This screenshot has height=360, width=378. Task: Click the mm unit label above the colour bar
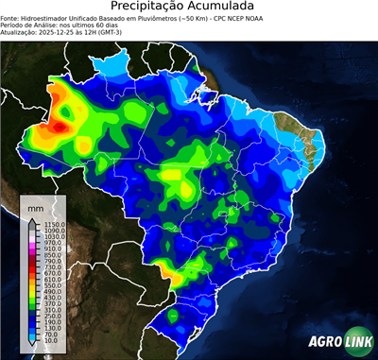pos(36,205)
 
